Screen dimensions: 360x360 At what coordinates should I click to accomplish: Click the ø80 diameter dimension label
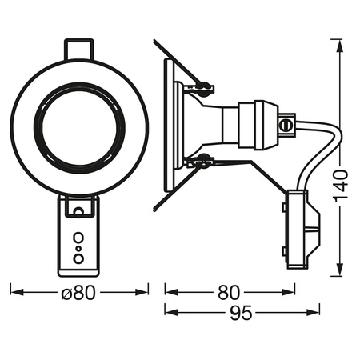79,293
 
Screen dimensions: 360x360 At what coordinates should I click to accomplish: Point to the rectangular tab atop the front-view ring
79,49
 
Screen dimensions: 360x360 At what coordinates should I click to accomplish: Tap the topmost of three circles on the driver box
79,238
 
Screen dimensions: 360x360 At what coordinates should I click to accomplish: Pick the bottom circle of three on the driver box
79,258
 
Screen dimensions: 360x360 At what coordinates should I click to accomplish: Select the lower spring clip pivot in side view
204,159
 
